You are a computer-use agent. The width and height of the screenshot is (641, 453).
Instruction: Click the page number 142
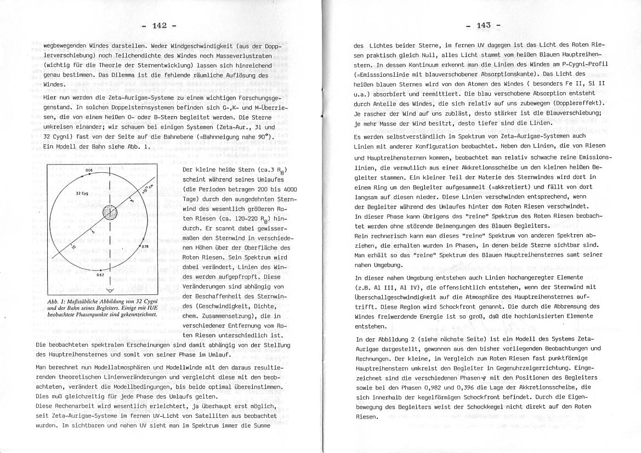(159, 26)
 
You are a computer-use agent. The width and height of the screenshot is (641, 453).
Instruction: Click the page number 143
(483, 26)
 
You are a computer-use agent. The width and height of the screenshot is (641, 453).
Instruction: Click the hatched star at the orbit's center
(110, 212)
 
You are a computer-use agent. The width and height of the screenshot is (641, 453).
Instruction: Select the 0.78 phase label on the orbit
(145, 247)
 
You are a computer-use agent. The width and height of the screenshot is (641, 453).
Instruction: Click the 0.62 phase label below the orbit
(100, 275)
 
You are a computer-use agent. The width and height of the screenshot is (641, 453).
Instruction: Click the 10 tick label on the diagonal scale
(65, 247)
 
